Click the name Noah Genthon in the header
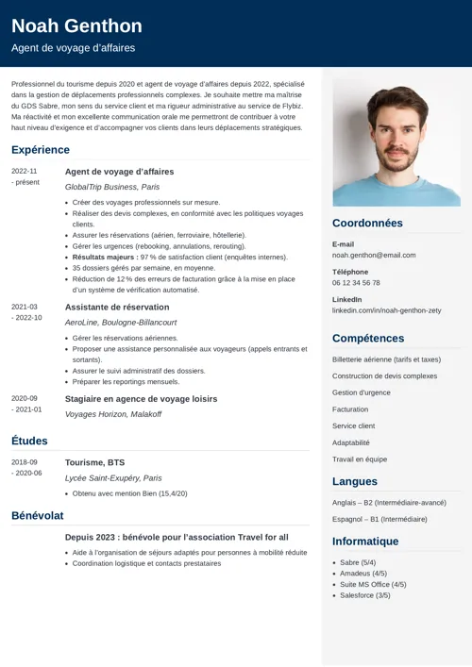point(76,25)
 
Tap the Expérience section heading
point(41,150)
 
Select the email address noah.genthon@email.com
point(374,255)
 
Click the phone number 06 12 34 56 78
point(356,282)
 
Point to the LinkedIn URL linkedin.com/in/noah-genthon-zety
point(386,310)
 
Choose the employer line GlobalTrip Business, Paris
point(111,187)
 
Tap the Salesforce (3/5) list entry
point(365,595)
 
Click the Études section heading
point(29,441)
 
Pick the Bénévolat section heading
point(38,516)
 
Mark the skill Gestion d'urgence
point(362,392)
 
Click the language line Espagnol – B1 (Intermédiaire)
point(379,519)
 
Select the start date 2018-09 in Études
point(25,462)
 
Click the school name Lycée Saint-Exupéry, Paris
point(113,478)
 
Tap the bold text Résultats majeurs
point(104,257)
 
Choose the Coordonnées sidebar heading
point(367,224)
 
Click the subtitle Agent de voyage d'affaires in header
point(74,48)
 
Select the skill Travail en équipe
point(360,459)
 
